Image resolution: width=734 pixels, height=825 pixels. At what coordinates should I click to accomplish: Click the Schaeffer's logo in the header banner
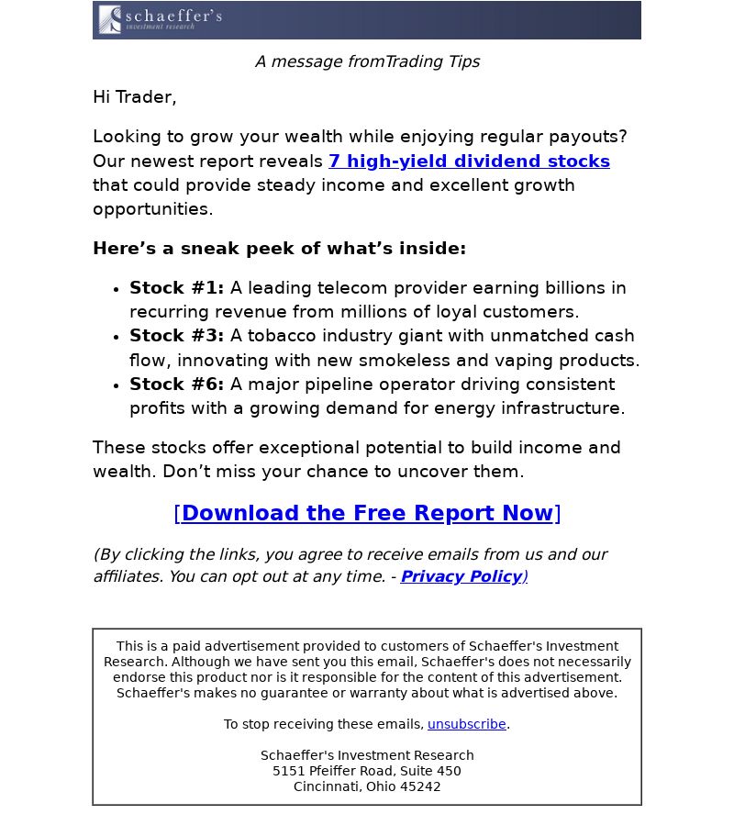tap(161, 19)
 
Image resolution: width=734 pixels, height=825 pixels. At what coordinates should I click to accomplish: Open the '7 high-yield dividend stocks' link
tap(469, 162)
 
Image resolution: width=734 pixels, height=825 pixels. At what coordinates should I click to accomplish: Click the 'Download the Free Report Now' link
tap(367, 513)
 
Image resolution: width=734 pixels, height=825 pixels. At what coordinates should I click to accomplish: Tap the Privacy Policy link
tap(461, 576)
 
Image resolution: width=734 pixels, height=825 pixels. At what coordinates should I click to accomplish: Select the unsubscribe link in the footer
tap(466, 724)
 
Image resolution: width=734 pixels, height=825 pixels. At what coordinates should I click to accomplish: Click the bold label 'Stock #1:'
tap(176, 288)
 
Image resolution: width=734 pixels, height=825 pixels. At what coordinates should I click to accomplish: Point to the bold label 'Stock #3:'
tap(176, 336)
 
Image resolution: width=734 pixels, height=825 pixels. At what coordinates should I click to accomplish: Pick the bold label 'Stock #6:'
tap(176, 385)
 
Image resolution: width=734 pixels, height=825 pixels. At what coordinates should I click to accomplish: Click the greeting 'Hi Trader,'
tap(134, 97)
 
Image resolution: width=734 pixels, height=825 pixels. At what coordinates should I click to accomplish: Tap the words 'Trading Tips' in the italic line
tap(432, 61)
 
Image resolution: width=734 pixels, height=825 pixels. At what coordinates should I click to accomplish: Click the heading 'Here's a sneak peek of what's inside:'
tap(279, 249)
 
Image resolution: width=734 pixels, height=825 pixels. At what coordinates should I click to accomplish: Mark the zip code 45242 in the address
tap(420, 786)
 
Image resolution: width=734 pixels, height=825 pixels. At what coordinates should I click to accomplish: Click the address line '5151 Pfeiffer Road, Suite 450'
tap(367, 771)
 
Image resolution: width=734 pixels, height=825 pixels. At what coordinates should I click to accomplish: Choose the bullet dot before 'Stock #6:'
tap(116, 386)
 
